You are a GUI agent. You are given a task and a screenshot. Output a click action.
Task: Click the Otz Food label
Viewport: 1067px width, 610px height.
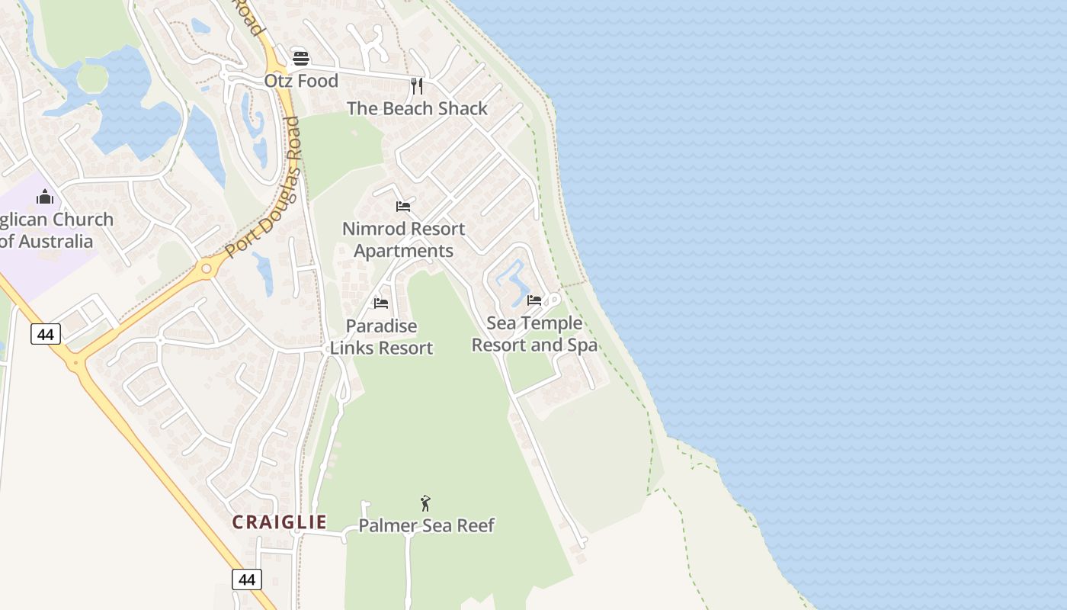pos(301,81)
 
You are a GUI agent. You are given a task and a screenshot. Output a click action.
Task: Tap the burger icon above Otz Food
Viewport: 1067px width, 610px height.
pos(301,59)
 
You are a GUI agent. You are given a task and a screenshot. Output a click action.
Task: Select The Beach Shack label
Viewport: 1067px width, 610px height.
pos(417,108)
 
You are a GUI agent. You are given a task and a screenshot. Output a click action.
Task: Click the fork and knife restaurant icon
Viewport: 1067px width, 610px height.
pos(416,85)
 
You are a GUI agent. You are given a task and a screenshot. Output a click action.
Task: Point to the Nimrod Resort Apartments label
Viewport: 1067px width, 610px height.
pos(403,239)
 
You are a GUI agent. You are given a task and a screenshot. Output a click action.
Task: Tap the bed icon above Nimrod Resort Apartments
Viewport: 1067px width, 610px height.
pos(403,207)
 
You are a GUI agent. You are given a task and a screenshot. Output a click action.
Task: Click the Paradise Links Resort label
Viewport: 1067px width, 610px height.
pos(381,337)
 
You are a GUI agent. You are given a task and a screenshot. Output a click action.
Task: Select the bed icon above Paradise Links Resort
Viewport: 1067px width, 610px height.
pos(381,303)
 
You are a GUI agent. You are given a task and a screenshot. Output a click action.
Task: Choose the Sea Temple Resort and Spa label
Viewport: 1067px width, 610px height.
pos(534,334)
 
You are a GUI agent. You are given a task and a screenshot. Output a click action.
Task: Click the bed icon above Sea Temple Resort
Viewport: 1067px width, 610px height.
pos(534,300)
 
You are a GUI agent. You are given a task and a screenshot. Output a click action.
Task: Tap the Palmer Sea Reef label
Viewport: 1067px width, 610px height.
pos(426,525)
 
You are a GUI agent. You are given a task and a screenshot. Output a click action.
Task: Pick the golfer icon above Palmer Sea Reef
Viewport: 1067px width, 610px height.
pos(425,503)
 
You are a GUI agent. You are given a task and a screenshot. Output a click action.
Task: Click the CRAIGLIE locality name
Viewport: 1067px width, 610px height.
pos(279,522)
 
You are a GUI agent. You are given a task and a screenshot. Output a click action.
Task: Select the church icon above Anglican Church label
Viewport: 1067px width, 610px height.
pos(45,197)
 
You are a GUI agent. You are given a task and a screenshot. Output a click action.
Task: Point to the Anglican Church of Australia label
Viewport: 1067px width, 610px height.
pos(53,230)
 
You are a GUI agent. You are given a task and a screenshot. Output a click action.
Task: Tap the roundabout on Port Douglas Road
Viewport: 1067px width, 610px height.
pos(206,268)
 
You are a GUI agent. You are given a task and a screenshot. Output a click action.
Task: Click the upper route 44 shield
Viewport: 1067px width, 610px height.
pos(46,333)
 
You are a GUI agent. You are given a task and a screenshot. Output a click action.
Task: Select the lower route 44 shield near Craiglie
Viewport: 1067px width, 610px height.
pos(247,579)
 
